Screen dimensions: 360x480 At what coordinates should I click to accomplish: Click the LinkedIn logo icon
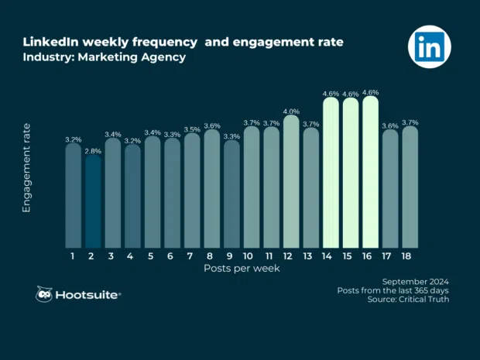(429, 47)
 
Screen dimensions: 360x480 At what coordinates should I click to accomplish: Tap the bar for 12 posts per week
(291, 183)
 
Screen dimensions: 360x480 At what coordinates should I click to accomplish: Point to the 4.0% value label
(291, 111)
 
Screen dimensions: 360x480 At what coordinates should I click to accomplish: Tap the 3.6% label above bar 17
(390, 125)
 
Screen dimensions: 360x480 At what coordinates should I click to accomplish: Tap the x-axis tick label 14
(331, 255)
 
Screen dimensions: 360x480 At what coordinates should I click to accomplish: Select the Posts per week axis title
(242, 269)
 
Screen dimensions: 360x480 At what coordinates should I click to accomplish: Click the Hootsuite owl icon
(45, 294)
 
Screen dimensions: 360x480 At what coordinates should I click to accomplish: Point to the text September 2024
(416, 280)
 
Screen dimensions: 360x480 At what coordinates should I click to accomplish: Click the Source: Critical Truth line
(408, 300)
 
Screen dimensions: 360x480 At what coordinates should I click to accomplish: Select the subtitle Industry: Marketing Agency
(104, 58)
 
